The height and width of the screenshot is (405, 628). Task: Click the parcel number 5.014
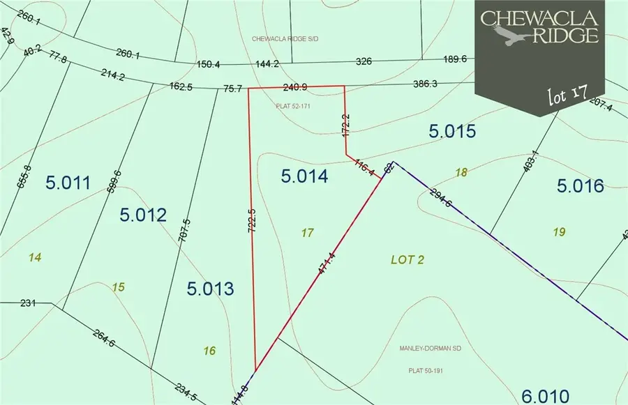point(304,176)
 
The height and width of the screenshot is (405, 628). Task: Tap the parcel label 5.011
point(68,183)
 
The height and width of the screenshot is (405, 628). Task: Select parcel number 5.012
point(143,215)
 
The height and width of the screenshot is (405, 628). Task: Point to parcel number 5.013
point(210,288)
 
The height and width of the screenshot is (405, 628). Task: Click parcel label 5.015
point(451,131)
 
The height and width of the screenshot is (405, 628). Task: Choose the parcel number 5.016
point(580,185)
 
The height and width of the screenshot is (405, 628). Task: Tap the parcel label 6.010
point(545,395)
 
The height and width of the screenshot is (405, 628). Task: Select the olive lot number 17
point(307,233)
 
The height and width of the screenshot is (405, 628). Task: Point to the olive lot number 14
point(36,258)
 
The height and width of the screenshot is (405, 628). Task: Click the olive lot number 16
point(209,351)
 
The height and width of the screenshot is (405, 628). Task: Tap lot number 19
point(558,232)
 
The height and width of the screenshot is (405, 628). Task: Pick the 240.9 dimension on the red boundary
point(295,88)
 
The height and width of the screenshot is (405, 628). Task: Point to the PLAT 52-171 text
point(293,107)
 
